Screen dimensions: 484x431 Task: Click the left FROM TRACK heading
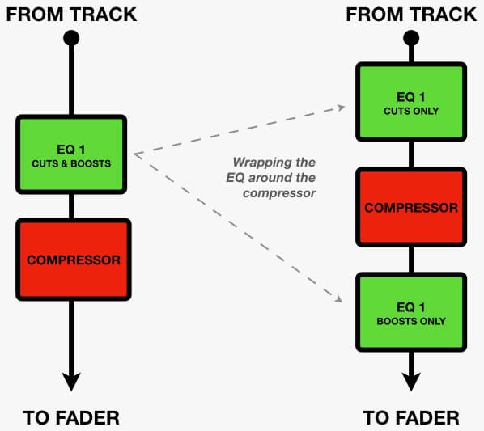[x=71, y=15]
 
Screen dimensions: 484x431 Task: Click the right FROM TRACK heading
[x=411, y=15]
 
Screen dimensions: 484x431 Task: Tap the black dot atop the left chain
[x=71, y=38]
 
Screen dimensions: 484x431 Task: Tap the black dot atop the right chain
[x=411, y=38]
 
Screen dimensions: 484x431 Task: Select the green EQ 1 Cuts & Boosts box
[x=71, y=154]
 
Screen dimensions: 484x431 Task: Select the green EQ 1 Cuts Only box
[x=411, y=102]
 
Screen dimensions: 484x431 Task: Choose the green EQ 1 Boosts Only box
[x=411, y=312]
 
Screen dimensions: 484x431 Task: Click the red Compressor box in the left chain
[x=74, y=260]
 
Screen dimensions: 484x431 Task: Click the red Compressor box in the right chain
[x=411, y=207]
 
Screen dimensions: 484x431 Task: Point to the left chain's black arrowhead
[x=71, y=382]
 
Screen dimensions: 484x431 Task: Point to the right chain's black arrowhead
[x=411, y=382]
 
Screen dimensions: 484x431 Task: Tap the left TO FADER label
[x=71, y=418]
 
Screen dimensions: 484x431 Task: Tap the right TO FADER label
[x=411, y=418]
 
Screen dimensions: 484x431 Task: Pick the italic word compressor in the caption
[x=279, y=193]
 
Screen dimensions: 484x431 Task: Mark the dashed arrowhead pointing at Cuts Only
[x=341, y=108]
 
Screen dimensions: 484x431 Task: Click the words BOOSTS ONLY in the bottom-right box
[x=411, y=321]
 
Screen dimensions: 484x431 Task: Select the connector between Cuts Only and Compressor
[x=411, y=154]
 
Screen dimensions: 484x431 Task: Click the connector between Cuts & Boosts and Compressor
[x=71, y=206]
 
